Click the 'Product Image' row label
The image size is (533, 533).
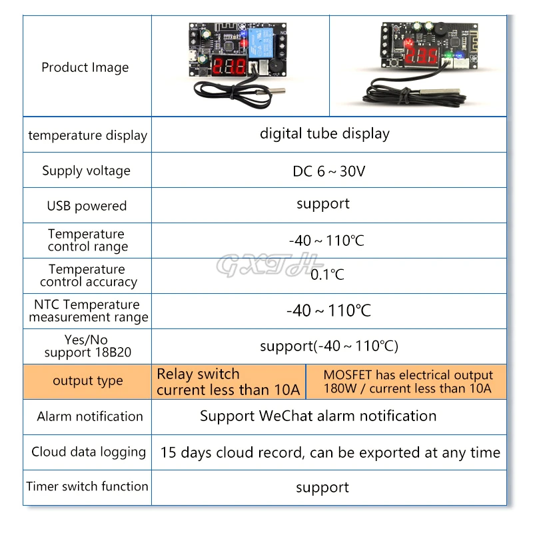(x=85, y=67)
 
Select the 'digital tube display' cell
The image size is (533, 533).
(x=324, y=133)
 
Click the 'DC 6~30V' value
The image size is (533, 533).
(x=328, y=171)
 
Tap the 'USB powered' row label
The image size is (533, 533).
(x=87, y=206)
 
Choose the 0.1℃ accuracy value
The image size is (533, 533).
(x=327, y=274)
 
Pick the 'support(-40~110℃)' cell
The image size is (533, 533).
(x=328, y=346)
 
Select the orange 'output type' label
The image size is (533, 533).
(x=88, y=381)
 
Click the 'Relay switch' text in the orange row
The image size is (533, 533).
(x=198, y=374)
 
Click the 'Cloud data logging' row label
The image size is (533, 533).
(x=89, y=452)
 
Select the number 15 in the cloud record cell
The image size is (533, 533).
(x=168, y=452)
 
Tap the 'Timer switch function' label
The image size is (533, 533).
(x=87, y=486)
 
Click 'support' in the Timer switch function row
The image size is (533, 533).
(x=322, y=488)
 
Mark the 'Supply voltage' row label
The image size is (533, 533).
(x=87, y=171)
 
